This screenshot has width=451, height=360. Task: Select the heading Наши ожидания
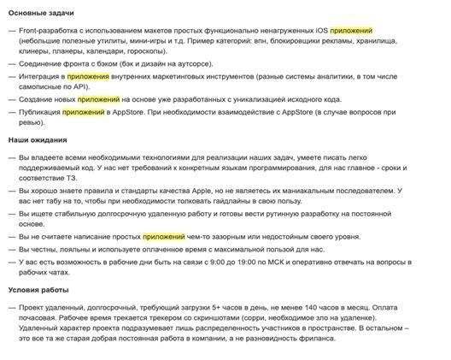click(38, 139)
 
